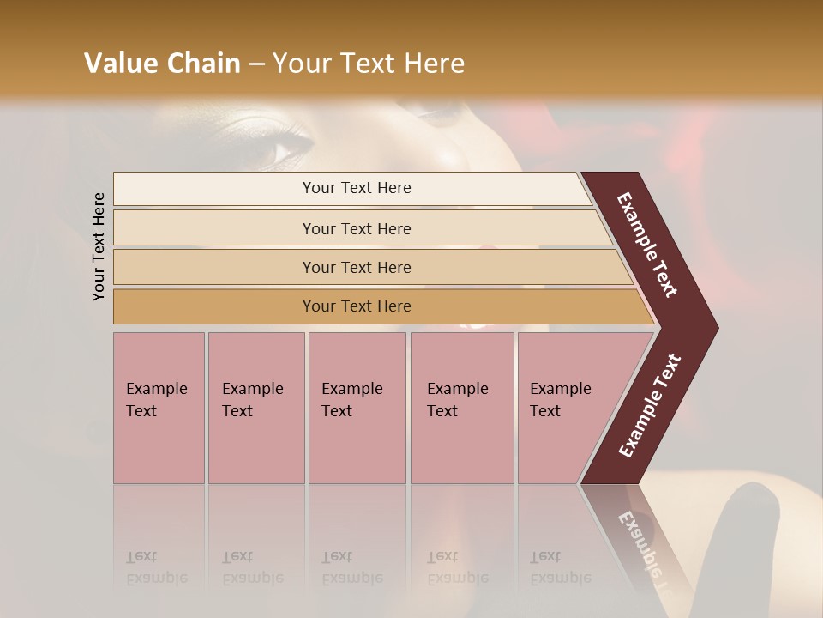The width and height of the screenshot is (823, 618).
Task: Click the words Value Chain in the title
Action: [x=162, y=64]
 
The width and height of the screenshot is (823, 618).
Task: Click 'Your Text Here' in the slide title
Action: [x=369, y=64]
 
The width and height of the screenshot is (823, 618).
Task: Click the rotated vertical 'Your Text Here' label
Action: [x=99, y=246]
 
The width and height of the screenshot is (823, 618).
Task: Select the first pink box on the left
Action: [x=159, y=408]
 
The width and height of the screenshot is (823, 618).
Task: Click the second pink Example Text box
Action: [x=256, y=408]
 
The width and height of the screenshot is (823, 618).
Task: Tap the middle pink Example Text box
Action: [x=357, y=408]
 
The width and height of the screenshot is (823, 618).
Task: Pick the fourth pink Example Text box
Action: [x=462, y=408]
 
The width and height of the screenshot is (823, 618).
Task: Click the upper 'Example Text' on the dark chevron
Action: [x=648, y=245]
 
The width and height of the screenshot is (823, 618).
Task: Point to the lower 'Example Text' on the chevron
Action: [x=650, y=406]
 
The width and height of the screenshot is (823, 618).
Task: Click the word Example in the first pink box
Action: [x=156, y=389]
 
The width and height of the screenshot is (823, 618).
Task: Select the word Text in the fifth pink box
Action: [x=545, y=411]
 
